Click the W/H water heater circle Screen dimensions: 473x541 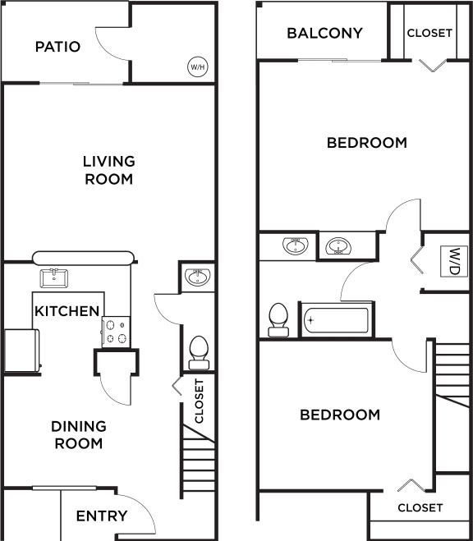point(198,66)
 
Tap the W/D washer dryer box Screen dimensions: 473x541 point(452,262)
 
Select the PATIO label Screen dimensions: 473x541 point(58,47)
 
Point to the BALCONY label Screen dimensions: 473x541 point(324,33)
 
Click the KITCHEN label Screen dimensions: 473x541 point(67,311)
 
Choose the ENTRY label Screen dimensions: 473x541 point(102,516)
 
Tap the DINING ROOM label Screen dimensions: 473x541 point(79,435)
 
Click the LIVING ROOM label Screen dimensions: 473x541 point(109,170)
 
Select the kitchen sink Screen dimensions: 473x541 point(54,278)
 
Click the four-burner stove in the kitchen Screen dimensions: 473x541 point(117,332)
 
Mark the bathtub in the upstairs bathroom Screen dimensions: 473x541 point(336,320)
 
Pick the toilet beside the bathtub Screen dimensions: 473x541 point(278,320)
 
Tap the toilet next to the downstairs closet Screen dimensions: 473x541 point(199,353)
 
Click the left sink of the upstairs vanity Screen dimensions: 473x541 point(296,245)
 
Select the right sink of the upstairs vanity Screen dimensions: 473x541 point(338,246)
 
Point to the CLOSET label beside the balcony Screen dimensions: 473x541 point(429,33)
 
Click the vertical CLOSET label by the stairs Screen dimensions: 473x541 point(200,401)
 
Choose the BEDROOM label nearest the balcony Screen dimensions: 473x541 point(367,143)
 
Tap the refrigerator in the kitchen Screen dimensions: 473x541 point(22,351)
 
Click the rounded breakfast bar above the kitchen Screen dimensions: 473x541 point(83,258)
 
